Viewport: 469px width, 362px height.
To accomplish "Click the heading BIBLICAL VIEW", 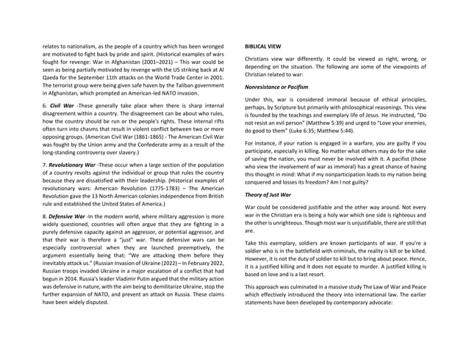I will click(x=262, y=46).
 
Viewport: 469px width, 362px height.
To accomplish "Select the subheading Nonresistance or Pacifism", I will click(x=276, y=87).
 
